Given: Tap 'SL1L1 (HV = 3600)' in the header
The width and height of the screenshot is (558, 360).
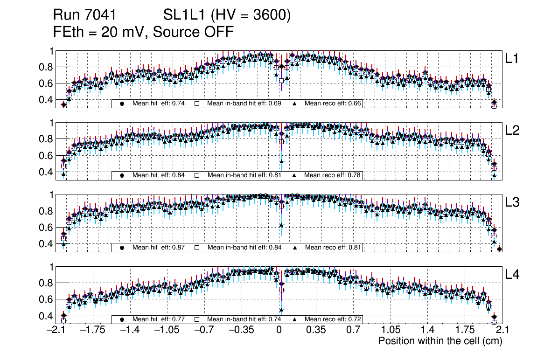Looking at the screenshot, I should [227, 15].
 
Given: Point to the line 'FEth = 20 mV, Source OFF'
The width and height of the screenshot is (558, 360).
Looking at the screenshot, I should [143, 32].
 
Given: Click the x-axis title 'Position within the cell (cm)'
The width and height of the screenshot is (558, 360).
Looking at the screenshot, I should [440, 341].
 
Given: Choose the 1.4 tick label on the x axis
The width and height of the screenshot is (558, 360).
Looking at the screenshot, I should [427, 330].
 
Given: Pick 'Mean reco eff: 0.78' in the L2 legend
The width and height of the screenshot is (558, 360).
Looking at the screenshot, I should [333, 175].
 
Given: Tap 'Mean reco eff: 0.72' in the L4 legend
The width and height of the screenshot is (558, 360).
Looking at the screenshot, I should [333, 319].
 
